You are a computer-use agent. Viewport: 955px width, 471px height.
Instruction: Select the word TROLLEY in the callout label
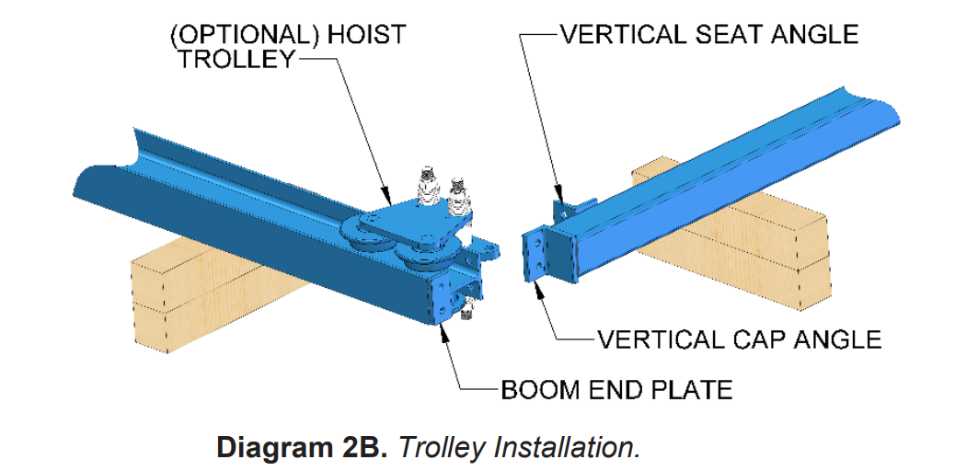236,60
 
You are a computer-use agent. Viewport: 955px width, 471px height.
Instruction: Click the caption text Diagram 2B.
302,448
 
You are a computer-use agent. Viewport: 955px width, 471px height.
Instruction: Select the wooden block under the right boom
731,232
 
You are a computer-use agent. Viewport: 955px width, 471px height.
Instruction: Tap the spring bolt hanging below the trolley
466,309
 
